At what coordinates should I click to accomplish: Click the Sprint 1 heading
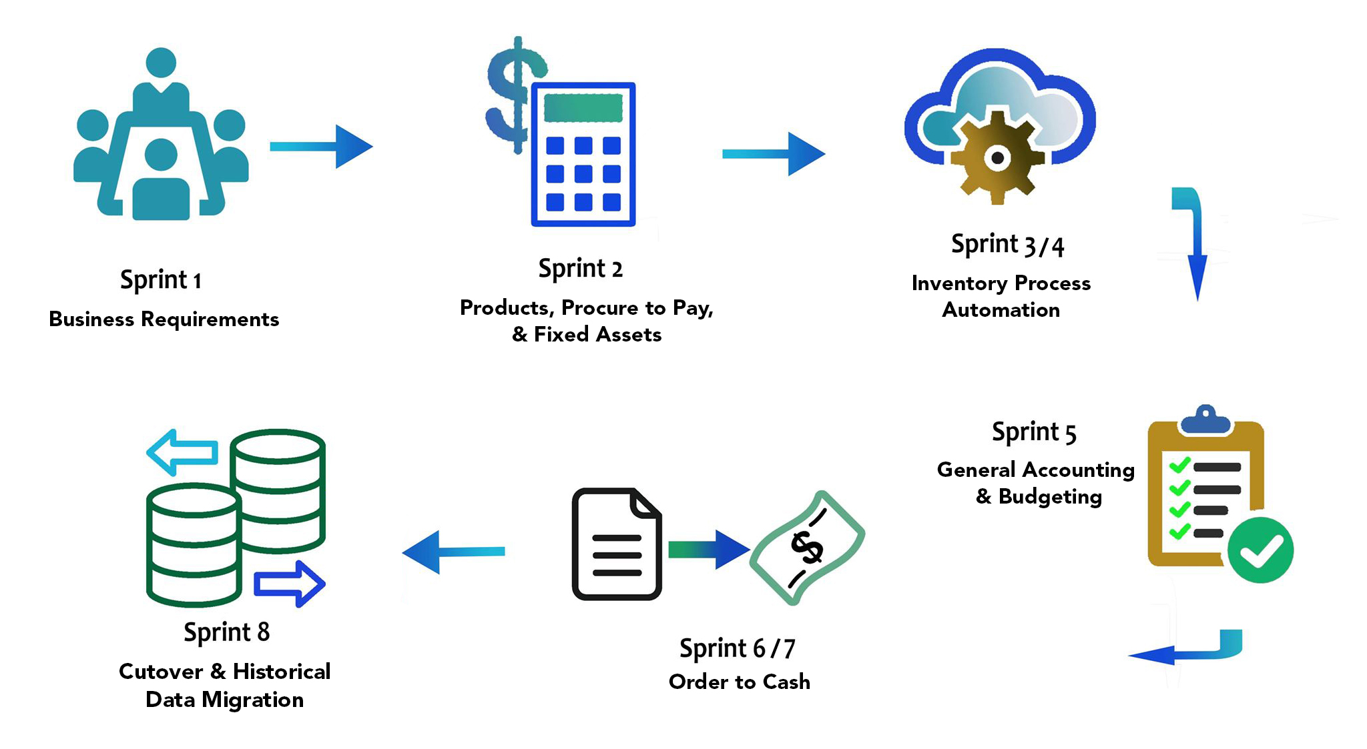(x=160, y=280)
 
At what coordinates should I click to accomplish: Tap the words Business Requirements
(x=164, y=319)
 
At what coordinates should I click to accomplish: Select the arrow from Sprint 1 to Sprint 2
(x=321, y=147)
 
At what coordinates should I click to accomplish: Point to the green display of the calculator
(x=583, y=108)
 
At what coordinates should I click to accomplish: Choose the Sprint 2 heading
(x=580, y=269)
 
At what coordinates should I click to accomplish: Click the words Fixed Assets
(x=597, y=335)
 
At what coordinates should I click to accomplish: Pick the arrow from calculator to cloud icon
(x=774, y=154)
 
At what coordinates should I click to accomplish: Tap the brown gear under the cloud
(x=997, y=158)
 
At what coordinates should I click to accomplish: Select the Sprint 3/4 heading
(x=1007, y=245)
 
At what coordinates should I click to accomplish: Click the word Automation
(x=1001, y=310)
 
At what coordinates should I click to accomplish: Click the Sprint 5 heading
(x=1034, y=433)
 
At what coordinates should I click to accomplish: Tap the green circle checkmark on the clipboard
(x=1260, y=550)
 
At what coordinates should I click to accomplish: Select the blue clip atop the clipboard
(x=1205, y=420)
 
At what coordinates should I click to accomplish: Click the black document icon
(x=616, y=544)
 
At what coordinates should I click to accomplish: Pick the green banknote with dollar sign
(x=807, y=548)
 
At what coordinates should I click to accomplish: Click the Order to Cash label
(x=740, y=682)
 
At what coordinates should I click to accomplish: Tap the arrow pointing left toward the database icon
(x=454, y=552)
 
